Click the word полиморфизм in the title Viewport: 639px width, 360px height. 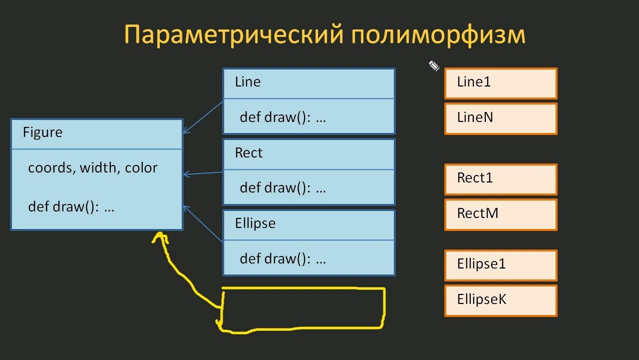[438, 34]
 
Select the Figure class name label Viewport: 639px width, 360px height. [42, 132]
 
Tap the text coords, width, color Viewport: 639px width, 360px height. [93, 167]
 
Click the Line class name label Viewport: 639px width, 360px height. [248, 81]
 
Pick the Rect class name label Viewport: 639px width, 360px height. [249, 152]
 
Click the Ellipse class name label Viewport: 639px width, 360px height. [255, 223]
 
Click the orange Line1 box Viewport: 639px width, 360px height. [501, 83]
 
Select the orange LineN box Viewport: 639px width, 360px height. [501, 119]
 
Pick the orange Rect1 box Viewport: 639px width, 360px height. [501, 179]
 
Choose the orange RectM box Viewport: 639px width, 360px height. [501, 215]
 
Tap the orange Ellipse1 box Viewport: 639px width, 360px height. [501, 265]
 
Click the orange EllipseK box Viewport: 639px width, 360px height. [501, 300]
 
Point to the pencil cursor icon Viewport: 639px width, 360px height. [434, 66]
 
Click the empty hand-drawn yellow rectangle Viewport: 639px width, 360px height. [384, 308]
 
